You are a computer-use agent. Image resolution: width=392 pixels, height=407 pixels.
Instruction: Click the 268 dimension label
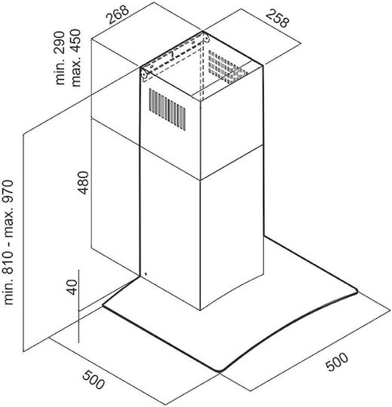[118, 14]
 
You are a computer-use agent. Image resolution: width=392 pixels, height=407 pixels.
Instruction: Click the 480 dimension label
[84, 182]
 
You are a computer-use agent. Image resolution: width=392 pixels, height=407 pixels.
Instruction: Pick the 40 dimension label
[72, 287]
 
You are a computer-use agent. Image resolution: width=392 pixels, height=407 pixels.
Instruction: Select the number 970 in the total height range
[8, 192]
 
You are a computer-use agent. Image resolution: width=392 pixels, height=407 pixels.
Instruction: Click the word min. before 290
[60, 71]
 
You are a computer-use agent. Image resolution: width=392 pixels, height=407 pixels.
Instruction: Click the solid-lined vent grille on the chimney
[167, 109]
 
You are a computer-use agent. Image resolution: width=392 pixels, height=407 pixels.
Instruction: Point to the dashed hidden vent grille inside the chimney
[226, 67]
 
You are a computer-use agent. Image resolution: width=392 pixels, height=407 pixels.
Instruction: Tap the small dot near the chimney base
[146, 274]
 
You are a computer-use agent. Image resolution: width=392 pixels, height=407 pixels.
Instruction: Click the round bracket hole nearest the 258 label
[207, 39]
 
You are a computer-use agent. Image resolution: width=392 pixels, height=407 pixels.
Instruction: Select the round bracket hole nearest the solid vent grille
[143, 74]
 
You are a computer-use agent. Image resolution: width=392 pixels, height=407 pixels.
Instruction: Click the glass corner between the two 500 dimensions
[219, 371]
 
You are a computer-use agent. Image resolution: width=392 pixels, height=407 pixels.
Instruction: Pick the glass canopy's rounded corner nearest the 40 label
[104, 306]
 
